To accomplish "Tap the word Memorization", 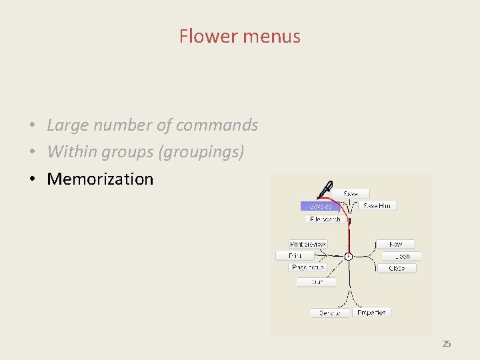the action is click(100, 179).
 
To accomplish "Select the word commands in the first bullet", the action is click(219, 125).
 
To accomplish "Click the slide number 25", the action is click(447, 344).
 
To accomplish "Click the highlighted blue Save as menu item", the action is click(321, 206).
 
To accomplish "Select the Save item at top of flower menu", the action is click(351, 194).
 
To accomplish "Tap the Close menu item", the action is click(397, 268).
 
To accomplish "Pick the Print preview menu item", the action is click(307, 245).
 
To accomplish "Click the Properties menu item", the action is click(371, 312).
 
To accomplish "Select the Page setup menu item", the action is click(308, 267).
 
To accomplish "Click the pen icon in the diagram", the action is click(325, 189).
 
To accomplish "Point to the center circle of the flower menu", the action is click(348, 256).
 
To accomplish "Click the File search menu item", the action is click(325, 219).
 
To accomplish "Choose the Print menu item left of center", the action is click(295, 256).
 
